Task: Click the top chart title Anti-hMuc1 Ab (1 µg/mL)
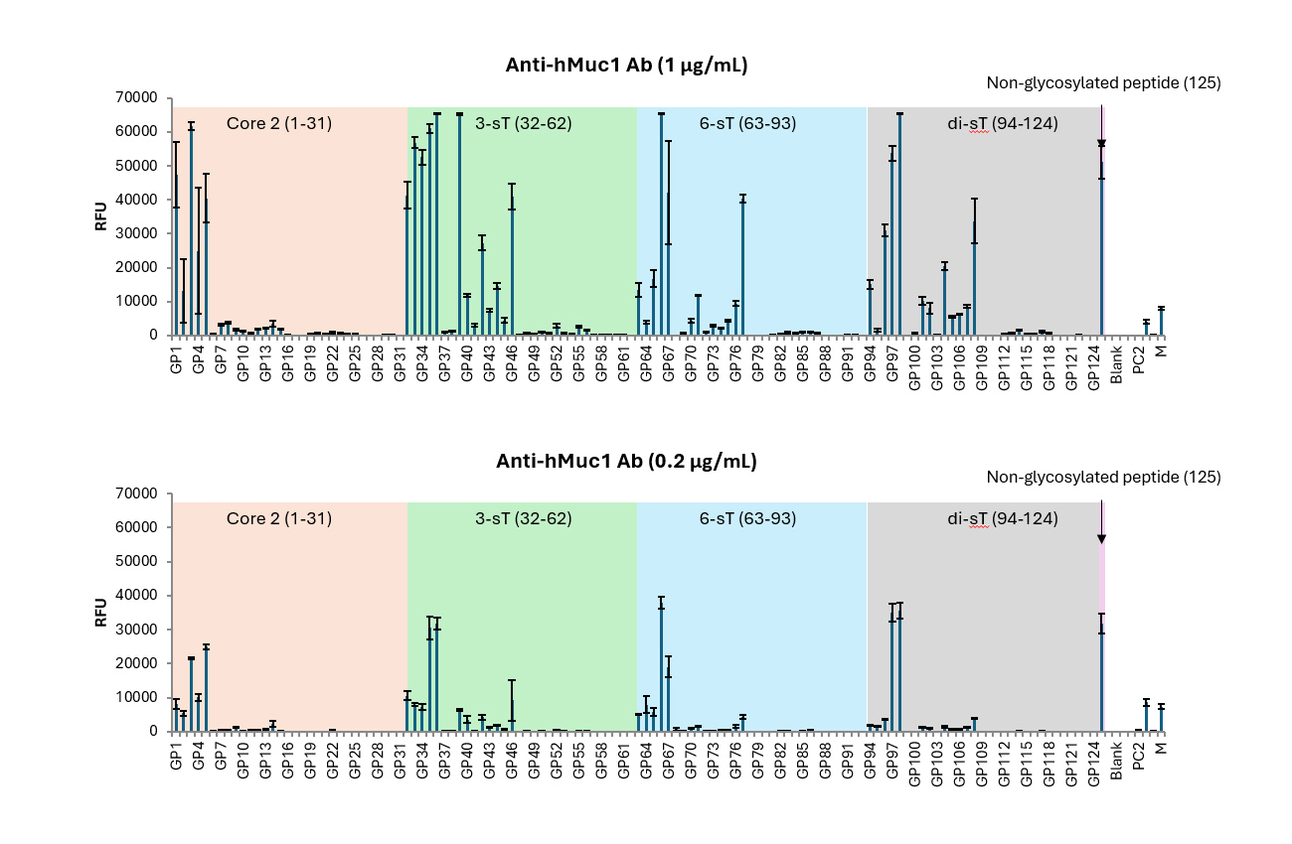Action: tap(626, 67)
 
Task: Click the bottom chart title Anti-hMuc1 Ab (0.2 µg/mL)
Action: tap(626, 462)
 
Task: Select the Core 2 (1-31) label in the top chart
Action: tap(279, 123)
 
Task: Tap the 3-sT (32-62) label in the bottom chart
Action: tap(523, 518)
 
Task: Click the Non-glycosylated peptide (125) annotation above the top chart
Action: tap(1103, 83)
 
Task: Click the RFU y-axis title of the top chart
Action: tap(100, 216)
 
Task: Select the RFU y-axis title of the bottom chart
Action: tap(100, 612)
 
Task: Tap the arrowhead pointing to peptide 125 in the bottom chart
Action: tap(1101, 539)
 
